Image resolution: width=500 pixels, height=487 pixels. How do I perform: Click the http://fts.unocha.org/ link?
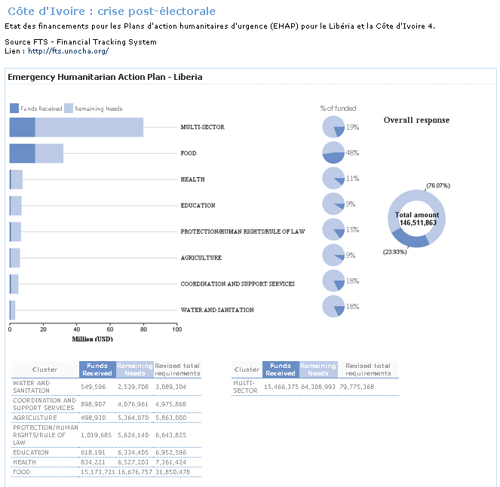pos(69,51)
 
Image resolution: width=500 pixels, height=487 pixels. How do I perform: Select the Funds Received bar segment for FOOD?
pos(22,153)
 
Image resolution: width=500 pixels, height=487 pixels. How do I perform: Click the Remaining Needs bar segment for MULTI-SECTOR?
pos(89,127)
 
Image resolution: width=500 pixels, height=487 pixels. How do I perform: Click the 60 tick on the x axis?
pos(109,329)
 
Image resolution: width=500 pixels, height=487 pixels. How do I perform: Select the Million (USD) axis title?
pos(93,338)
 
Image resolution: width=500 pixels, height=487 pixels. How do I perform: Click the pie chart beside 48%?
pos(333,153)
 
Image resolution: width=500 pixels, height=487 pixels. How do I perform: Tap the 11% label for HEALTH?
pos(352,179)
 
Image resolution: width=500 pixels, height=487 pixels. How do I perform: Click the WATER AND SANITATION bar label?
pos(217,310)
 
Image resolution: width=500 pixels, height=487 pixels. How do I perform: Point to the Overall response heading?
pos(416,120)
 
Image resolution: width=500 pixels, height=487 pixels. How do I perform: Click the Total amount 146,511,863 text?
pos(416,219)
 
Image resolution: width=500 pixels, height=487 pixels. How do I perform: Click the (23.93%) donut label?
pos(394,252)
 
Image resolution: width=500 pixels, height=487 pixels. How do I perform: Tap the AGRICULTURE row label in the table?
pos(35,417)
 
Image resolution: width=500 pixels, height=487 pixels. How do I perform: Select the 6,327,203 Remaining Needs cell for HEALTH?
pos(135,461)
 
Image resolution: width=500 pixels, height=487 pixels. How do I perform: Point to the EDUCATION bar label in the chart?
pos(198,205)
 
